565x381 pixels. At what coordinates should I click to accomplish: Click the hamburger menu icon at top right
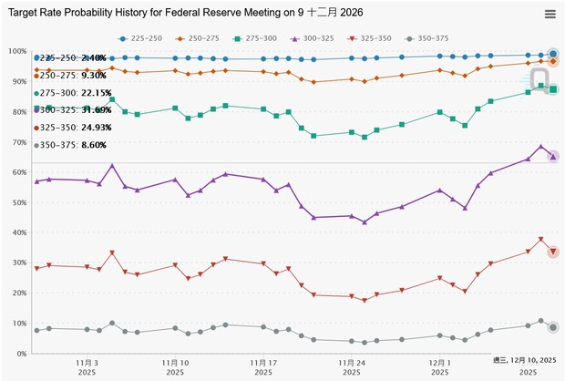[550, 14]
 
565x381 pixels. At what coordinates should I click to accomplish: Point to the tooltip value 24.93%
[96, 128]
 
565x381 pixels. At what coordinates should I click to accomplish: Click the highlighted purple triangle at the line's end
[553, 157]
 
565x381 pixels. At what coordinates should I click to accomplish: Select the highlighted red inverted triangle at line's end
[553, 252]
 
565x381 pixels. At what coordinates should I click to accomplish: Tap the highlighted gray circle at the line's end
[553, 327]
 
